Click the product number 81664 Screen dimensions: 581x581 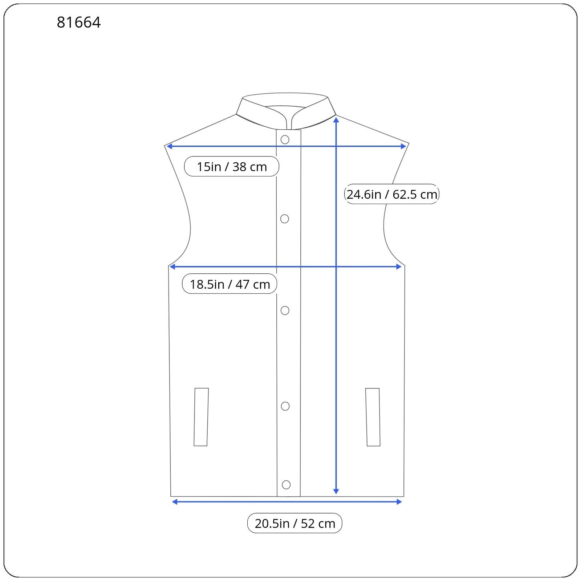tap(79, 23)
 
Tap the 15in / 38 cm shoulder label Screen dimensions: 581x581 tap(232, 167)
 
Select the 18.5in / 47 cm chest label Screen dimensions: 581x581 tap(229, 284)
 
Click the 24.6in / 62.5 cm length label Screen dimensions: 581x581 tap(392, 194)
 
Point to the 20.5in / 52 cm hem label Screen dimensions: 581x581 tap(294, 523)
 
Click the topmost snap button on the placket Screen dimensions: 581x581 tap(285, 140)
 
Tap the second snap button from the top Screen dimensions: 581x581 tap(285, 219)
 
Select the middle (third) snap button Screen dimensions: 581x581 tap(285, 310)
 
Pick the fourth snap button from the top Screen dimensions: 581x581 tap(285, 406)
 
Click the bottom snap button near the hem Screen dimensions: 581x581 tap(286, 484)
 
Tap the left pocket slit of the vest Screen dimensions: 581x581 tap(201, 417)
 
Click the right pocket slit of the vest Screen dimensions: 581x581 tap(373, 417)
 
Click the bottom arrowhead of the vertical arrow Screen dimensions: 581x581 tap(336, 491)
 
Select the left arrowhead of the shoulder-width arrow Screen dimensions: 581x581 tap(169, 146)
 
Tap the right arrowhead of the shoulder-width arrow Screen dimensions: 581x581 tap(403, 146)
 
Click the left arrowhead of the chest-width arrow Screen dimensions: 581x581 tap(172, 267)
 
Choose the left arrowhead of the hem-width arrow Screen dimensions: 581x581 tap(175, 502)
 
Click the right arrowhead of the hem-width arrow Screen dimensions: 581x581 tap(399, 502)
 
